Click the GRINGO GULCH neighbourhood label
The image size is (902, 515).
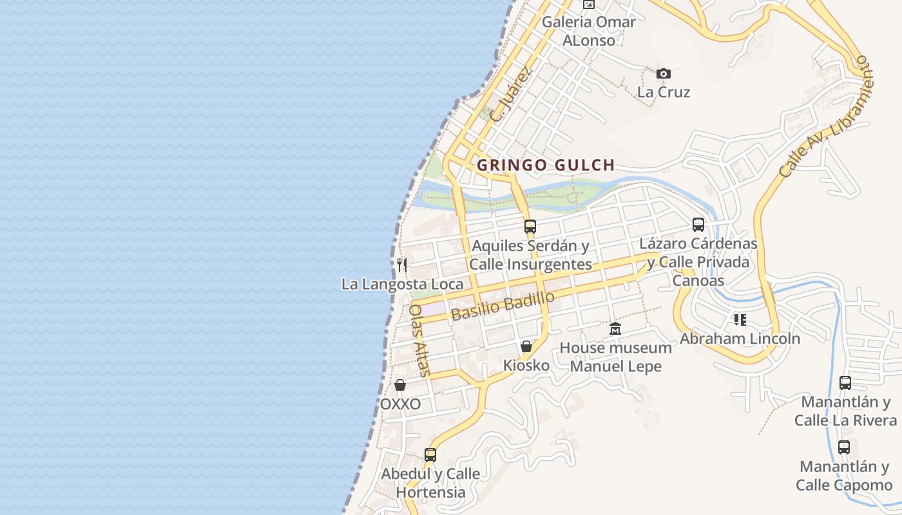(546, 165)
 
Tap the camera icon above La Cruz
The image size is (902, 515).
(663, 74)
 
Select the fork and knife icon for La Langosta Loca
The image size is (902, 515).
(402, 265)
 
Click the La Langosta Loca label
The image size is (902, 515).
(402, 284)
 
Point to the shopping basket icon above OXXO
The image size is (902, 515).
(399, 385)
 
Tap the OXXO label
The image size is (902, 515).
(400, 404)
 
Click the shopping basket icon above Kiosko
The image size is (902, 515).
(526, 346)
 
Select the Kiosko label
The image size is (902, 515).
(526, 366)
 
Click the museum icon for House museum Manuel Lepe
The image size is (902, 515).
(615, 328)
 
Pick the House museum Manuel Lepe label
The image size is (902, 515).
(615, 357)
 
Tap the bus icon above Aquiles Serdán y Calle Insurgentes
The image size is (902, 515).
(530, 226)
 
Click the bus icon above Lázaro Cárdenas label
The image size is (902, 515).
(698, 225)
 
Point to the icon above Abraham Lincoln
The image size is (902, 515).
(740, 319)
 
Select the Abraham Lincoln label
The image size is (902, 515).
(740, 339)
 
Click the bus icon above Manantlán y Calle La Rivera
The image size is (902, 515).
(845, 382)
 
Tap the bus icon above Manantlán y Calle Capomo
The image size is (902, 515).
(844, 447)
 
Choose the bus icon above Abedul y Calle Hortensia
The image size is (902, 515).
(430, 454)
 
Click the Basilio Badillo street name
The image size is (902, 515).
(503, 306)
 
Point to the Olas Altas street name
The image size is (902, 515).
(419, 340)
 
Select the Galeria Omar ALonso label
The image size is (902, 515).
(589, 30)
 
